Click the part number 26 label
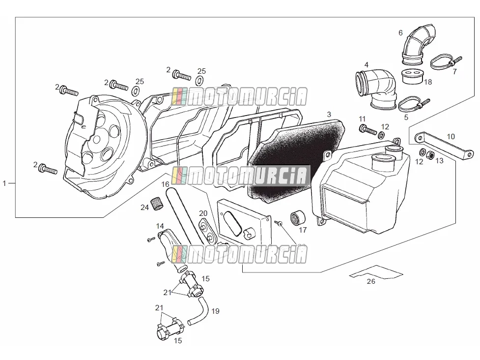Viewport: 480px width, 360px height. [x=371, y=281]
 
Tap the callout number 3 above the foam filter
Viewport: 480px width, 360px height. [x=329, y=115]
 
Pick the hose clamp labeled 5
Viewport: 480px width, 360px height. [x=414, y=104]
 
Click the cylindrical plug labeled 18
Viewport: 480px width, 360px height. [x=412, y=76]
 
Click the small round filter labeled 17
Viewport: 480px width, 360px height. [x=298, y=217]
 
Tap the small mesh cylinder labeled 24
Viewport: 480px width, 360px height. [x=157, y=204]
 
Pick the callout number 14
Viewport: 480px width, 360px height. [x=160, y=226]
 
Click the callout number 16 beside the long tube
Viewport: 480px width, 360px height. [x=165, y=184]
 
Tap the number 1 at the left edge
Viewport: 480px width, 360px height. [x=4, y=183]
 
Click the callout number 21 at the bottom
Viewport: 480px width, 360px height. [x=159, y=307]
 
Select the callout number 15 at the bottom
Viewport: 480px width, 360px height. [x=177, y=340]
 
